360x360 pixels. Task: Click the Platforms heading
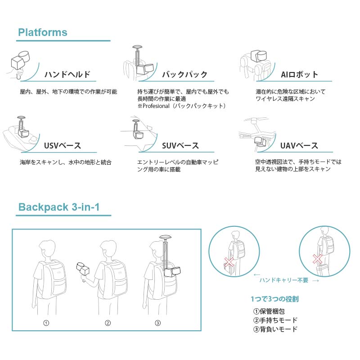(x=42, y=32)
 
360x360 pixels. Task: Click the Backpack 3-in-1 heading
(x=58, y=207)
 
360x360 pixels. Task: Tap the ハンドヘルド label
(x=67, y=75)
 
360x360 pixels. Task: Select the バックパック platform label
(x=184, y=75)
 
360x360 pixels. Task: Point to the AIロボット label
(x=299, y=75)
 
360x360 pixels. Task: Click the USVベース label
(x=63, y=146)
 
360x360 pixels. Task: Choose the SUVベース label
(x=180, y=146)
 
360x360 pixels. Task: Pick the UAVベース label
(x=299, y=146)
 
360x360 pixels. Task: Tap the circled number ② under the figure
(x=108, y=323)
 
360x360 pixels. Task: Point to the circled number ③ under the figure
(x=157, y=323)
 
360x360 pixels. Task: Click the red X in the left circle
(x=230, y=261)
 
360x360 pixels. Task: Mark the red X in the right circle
(x=317, y=259)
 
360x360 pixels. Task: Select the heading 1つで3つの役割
(x=274, y=299)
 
